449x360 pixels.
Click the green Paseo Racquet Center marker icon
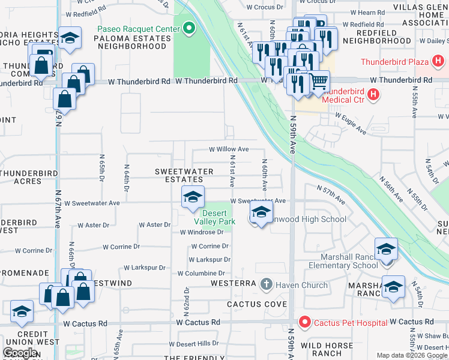tap(190, 29)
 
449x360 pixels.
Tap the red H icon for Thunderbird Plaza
tap(438, 62)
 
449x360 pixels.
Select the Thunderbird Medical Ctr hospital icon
tap(373, 94)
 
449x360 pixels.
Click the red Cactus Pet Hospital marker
tap(305, 323)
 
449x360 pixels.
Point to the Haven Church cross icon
tap(267, 284)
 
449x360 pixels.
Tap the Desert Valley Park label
tap(218, 217)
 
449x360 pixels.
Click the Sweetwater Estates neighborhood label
tap(184, 175)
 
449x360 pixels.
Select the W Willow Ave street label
tap(228, 149)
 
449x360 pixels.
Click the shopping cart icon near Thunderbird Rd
tap(319, 80)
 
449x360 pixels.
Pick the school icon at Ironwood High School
tap(261, 212)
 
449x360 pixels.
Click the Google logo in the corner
tap(19, 353)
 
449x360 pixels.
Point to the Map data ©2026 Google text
tap(412, 355)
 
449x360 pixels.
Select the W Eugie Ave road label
tap(350, 123)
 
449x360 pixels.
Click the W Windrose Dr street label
tap(201, 232)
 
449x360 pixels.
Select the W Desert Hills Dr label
tap(194, 344)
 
